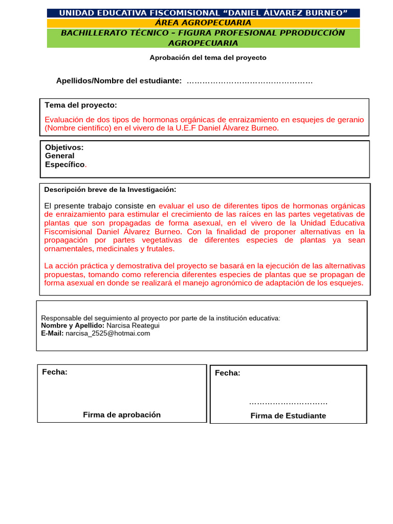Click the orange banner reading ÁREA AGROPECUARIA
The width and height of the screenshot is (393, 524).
point(203,23)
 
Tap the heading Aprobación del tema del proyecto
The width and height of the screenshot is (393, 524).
point(208,58)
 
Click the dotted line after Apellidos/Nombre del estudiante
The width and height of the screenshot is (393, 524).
point(250,81)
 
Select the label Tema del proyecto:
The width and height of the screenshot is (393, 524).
point(81,105)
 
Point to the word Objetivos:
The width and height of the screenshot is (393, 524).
point(64,147)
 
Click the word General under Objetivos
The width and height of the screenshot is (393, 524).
point(59,156)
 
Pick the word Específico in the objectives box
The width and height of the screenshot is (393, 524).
point(64,164)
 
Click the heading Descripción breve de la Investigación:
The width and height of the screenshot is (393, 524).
point(110,189)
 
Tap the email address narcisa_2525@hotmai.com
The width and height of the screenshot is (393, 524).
point(107,333)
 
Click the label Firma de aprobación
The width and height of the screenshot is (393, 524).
point(122,414)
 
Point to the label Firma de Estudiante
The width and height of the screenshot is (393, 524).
point(288,416)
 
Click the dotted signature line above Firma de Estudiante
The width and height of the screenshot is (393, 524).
point(288,403)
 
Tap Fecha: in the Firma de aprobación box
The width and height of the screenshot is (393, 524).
point(55,372)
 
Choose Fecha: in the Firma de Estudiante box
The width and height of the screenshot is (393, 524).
point(227,373)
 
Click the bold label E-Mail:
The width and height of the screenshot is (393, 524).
point(52,333)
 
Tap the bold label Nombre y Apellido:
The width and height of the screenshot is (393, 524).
point(73,325)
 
